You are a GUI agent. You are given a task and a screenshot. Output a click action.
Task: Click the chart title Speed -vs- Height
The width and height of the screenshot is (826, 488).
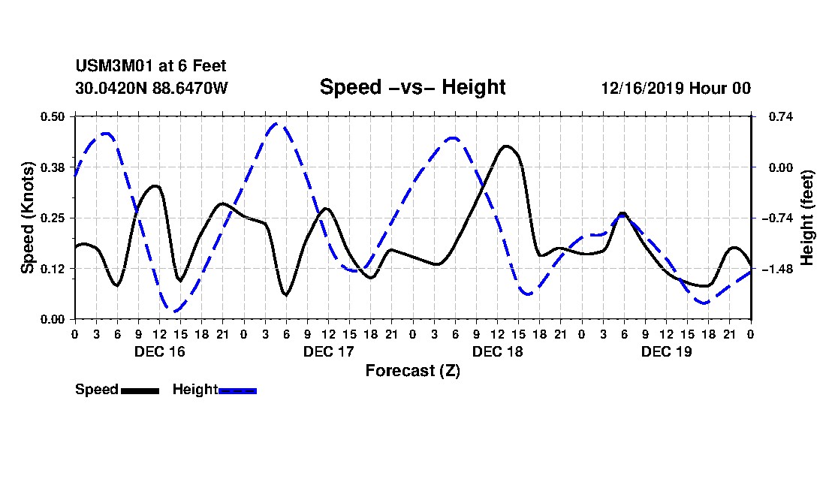412,87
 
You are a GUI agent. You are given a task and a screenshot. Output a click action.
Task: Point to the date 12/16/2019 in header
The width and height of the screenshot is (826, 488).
641,88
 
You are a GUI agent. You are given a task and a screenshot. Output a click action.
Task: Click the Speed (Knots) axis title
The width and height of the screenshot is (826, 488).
28,217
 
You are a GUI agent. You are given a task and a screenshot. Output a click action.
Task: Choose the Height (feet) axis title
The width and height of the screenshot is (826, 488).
808,218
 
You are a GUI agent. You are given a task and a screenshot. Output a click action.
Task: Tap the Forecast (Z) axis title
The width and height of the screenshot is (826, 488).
412,370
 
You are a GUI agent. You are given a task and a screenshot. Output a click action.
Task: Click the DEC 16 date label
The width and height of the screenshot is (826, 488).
159,351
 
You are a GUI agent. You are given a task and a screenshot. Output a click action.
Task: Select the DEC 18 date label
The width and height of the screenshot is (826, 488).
497,351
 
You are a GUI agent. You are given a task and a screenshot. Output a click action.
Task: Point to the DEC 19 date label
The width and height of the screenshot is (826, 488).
666,351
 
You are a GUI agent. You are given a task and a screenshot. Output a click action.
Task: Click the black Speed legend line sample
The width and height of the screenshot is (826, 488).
140,390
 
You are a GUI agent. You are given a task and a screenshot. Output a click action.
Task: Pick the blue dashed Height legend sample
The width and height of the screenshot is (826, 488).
237,390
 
